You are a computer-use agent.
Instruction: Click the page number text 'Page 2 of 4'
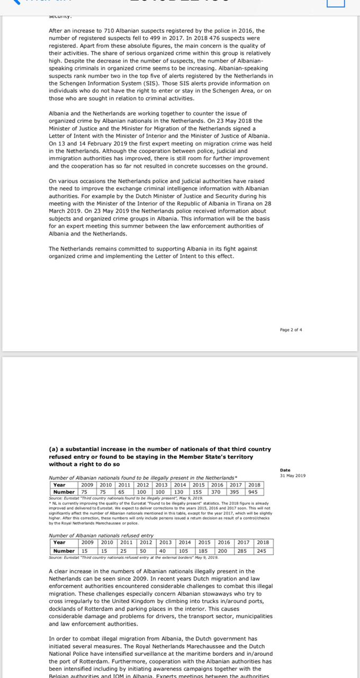pyautogui.click(x=291, y=329)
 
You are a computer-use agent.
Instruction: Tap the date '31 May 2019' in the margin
pyautogui.click(x=293, y=475)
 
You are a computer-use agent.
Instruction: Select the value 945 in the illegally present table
pyautogui.click(x=253, y=492)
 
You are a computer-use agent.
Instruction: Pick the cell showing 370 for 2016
pyautogui.click(x=217, y=492)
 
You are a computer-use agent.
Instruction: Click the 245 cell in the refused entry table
pyautogui.click(x=262, y=551)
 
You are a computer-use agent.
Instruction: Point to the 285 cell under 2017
pyautogui.click(x=242, y=551)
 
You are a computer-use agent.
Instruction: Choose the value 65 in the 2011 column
pyautogui.click(x=123, y=492)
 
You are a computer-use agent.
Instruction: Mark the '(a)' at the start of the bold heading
pyautogui.click(x=53, y=449)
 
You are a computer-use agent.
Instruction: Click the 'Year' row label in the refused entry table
pyautogui.click(x=59, y=542)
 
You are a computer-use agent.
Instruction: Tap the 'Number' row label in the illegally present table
pyautogui.click(x=64, y=492)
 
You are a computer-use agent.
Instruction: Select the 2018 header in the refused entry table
pyautogui.click(x=263, y=542)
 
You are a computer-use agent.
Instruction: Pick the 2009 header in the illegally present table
pyautogui.click(x=87, y=485)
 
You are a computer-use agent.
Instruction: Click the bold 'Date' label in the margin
pyautogui.click(x=285, y=470)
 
